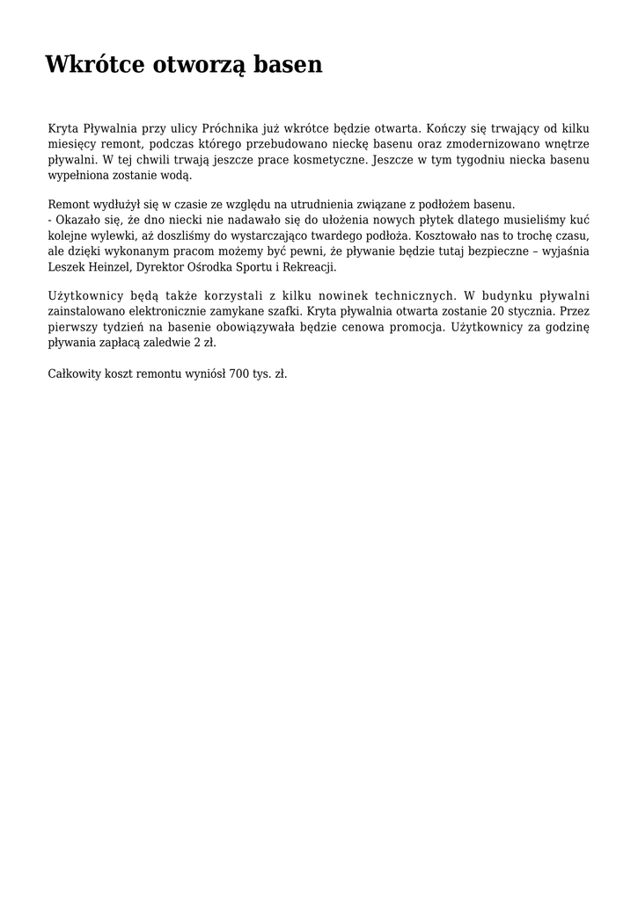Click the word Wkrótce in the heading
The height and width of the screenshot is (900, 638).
(95, 64)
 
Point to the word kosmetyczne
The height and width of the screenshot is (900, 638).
(334, 160)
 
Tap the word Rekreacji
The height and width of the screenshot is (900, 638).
(307, 267)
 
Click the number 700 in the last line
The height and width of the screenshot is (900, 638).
(238, 374)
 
